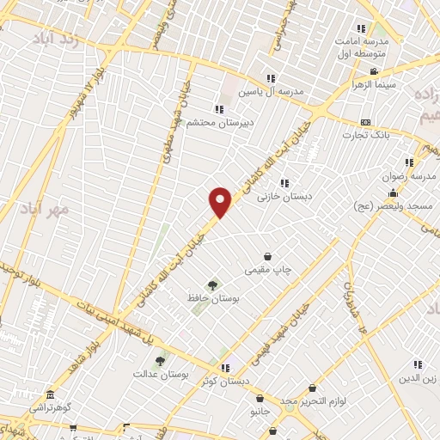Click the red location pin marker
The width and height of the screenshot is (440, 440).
pyautogui.click(x=221, y=201)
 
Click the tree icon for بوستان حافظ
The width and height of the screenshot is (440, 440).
pyautogui.click(x=212, y=284)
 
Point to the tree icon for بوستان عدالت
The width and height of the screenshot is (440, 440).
pyautogui.click(x=161, y=361)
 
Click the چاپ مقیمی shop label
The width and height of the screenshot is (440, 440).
pyautogui.click(x=270, y=271)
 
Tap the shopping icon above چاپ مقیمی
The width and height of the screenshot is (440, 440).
pyautogui.click(x=269, y=257)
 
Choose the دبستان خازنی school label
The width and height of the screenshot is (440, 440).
pyautogui.click(x=284, y=196)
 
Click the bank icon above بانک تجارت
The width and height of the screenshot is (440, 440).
pyautogui.click(x=366, y=122)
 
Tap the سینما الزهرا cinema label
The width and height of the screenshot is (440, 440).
pyautogui.click(x=371, y=86)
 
